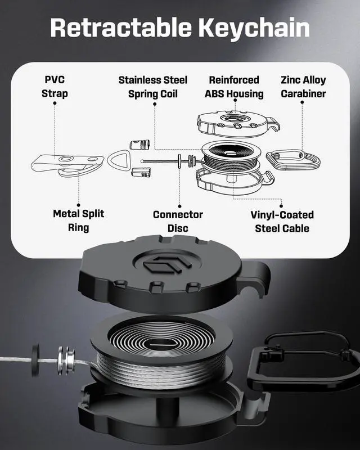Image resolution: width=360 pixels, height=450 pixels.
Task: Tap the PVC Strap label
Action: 55,87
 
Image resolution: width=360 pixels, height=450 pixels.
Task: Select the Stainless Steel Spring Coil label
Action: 152,87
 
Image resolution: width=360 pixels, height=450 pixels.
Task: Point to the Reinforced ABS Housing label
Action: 234,87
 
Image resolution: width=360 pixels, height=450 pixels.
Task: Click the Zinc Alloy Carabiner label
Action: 303,87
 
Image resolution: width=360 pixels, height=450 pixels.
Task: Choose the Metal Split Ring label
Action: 78,220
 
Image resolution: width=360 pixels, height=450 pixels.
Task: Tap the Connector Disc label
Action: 178,221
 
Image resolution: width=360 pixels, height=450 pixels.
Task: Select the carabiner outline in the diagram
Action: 293,159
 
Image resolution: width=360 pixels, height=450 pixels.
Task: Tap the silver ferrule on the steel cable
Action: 66,358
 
